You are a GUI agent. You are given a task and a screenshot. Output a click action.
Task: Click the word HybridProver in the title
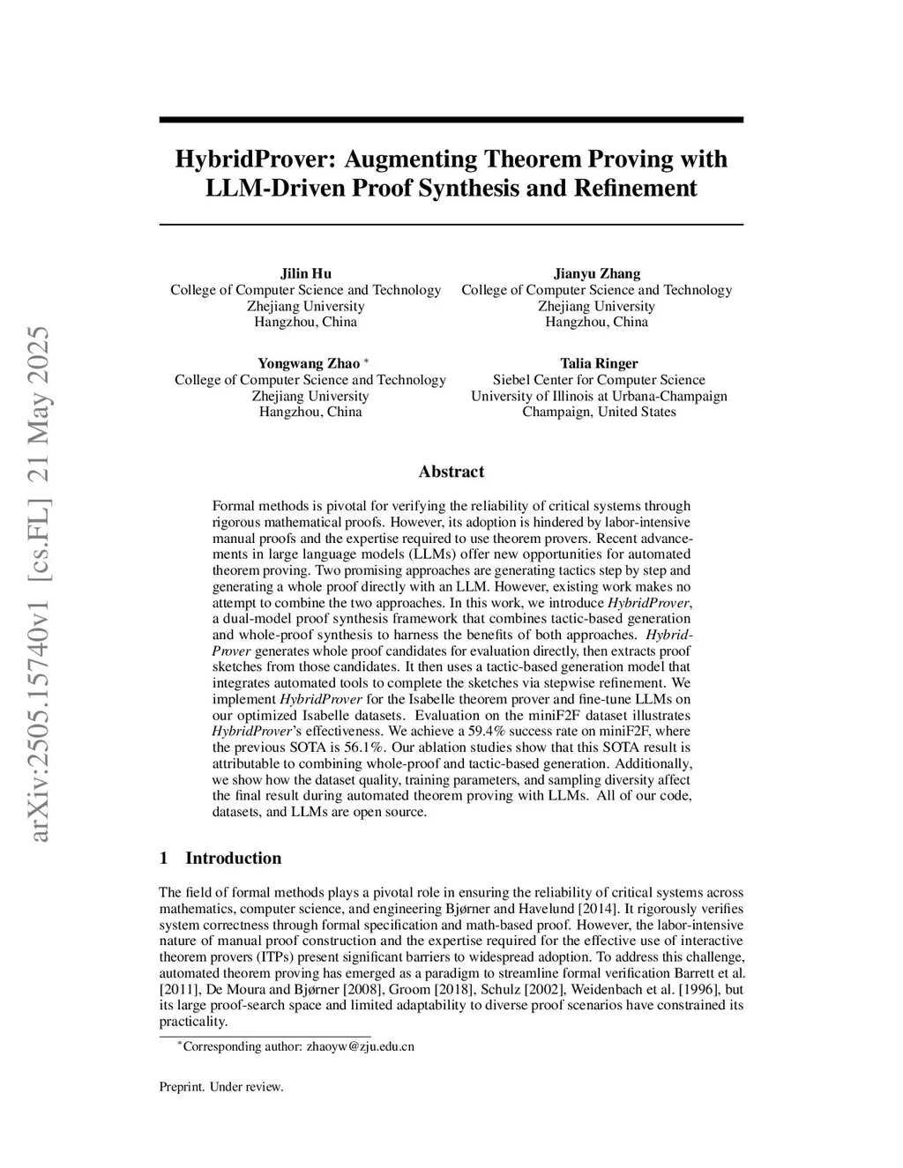250,160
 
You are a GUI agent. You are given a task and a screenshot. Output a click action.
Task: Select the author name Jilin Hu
305,273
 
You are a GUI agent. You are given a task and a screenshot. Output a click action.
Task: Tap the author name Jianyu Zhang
596,273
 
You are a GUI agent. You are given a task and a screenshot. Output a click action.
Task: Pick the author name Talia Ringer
599,363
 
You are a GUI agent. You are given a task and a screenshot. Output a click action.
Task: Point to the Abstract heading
451,472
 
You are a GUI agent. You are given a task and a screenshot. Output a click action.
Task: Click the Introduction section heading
233,859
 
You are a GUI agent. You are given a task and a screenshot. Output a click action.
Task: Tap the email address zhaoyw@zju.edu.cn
360,1047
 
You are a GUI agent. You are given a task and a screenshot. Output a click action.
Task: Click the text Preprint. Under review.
221,1087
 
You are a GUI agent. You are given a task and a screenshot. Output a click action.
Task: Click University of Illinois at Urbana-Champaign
599,396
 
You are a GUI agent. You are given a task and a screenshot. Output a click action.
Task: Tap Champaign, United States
599,412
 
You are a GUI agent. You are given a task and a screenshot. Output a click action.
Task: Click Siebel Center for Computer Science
599,380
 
